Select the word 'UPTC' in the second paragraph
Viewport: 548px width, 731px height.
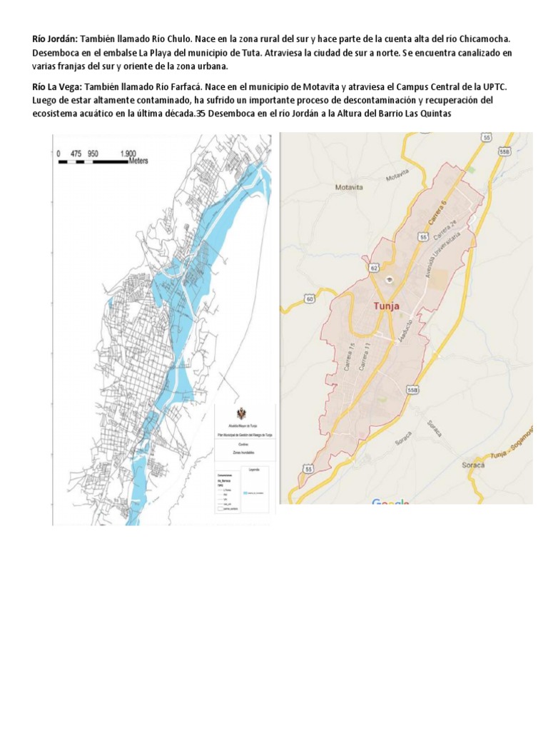494,86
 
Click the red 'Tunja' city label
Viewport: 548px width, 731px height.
386,306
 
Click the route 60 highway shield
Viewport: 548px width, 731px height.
309,299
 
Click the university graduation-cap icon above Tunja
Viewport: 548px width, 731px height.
390,278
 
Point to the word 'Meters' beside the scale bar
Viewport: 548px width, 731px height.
138,161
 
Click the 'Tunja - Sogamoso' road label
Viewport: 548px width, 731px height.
512,450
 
